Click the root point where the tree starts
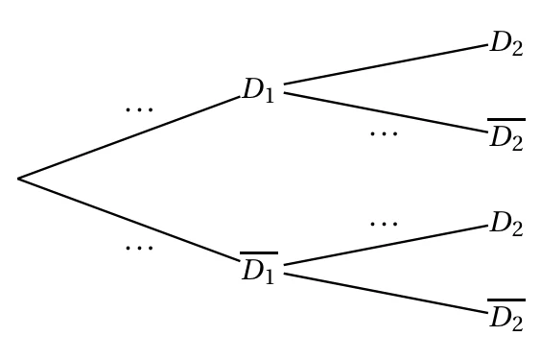(x=18, y=179)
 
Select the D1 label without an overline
(x=259, y=90)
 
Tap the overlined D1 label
(x=259, y=268)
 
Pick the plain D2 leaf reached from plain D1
(x=506, y=43)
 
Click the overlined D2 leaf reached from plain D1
(x=506, y=134)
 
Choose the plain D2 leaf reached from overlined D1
(x=506, y=224)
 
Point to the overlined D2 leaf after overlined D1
(x=506, y=315)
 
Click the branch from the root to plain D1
(x=129, y=137)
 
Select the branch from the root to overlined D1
(x=129, y=220)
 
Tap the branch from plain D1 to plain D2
(x=386, y=64)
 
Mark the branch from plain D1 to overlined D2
(x=386, y=112)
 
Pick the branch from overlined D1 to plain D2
(x=386, y=245)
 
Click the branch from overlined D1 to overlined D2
(x=386, y=294)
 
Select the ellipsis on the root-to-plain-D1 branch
(x=139, y=109)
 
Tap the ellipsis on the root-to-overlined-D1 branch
(x=139, y=248)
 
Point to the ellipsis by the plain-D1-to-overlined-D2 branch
(x=384, y=133)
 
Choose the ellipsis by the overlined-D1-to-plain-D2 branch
(x=384, y=224)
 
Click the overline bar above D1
(x=259, y=253)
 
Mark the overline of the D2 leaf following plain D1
(x=506, y=119)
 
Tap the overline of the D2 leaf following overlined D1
(x=506, y=300)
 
